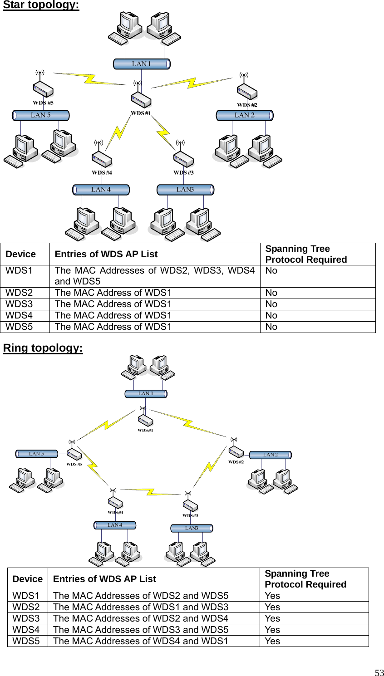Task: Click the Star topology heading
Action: click(41, 5)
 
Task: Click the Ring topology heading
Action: click(43, 348)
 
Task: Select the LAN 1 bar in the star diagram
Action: click(142, 64)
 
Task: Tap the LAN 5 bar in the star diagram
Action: click(40, 115)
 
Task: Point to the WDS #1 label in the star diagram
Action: click(141, 113)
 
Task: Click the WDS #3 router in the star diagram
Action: click(184, 159)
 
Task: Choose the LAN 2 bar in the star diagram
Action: click(244, 115)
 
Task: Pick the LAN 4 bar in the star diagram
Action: click(101, 190)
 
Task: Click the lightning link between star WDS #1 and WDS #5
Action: click(90, 78)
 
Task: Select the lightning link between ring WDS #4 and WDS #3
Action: click(150, 492)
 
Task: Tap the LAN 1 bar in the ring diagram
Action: click(146, 393)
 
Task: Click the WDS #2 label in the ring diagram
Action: click(236, 462)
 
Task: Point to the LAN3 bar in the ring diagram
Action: click(192, 528)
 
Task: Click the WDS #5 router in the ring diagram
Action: click(74, 454)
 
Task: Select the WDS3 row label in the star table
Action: click(19, 304)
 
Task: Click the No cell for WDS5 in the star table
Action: click(271, 327)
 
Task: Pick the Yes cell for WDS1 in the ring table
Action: click(272, 596)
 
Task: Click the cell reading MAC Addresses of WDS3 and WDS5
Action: click(141, 630)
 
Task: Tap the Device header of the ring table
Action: click(27, 579)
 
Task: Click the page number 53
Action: click(379, 673)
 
